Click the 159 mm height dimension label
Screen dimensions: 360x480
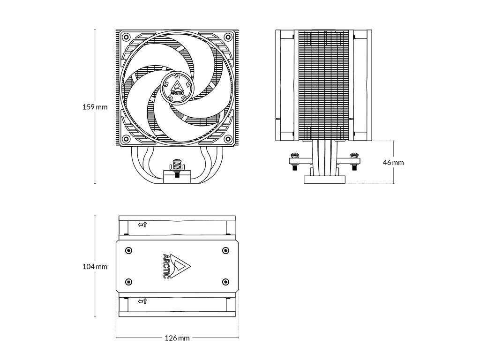pos(95,107)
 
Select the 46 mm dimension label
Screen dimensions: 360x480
pos(393,163)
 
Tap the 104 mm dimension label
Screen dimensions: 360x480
pos(95,267)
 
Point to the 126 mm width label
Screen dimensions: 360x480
pos(177,338)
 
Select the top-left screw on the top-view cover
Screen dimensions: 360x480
pos(129,250)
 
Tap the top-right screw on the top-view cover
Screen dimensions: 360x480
pos(225,250)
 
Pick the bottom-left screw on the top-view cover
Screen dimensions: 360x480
pos(129,282)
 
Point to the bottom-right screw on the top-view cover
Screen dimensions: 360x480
pos(225,282)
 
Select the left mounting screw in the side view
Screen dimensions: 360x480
pos(295,159)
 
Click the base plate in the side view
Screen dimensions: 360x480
pos(324,179)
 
